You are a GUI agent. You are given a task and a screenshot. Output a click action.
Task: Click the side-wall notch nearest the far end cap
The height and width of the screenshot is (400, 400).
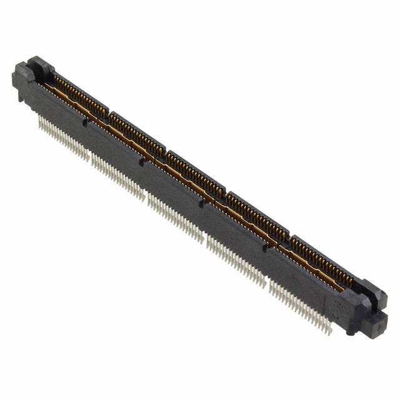(x=85, y=124)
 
